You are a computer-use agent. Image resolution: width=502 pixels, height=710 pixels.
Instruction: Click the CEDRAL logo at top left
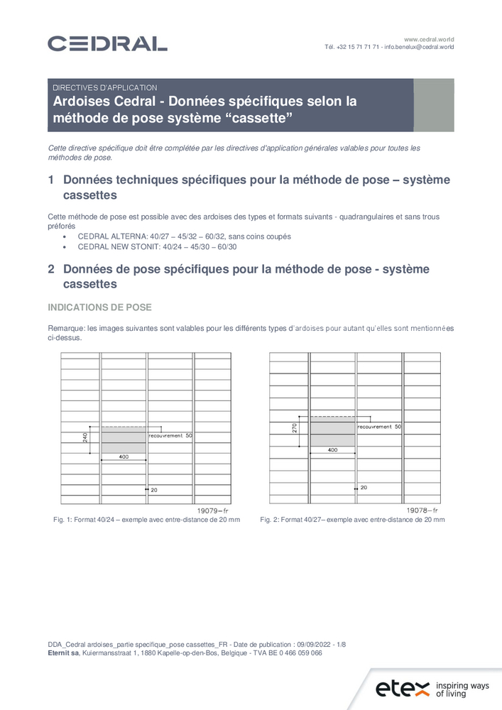coord(107,44)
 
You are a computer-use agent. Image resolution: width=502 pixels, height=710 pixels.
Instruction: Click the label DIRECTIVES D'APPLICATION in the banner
coord(104,87)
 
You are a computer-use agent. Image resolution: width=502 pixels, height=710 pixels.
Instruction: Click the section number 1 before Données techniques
coord(51,180)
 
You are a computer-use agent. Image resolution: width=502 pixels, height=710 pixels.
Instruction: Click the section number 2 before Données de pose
coord(51,269)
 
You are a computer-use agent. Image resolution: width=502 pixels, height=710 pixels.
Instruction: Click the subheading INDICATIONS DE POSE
coord(99,307)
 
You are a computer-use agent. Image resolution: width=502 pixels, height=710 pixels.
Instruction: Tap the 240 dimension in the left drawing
coord(85,437)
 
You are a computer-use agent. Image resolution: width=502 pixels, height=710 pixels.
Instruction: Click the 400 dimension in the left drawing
coord(124,457)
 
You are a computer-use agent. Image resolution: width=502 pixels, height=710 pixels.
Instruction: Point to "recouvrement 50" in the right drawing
coord(379,427)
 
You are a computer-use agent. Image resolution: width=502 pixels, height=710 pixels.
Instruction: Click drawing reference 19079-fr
coord(212,510)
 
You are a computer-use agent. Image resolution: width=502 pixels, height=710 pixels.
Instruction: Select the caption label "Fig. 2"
coord(269,520)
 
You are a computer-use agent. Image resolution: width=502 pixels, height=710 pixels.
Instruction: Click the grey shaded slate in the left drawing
coord(124,439)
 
